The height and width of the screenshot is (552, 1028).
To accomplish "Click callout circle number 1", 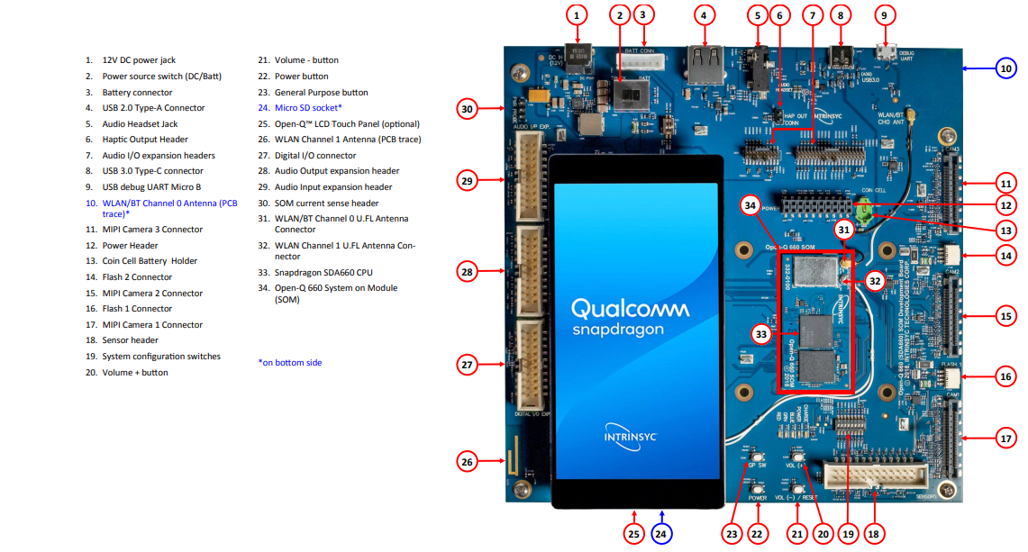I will (x=578, y=14).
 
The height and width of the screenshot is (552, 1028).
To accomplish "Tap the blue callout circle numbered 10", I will (x=1006, y=68).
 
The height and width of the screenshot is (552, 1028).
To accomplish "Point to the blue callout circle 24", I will (x=662, y=534).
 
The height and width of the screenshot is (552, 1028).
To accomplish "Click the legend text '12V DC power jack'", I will (x=139, y=60).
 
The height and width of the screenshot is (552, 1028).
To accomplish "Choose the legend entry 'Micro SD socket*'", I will (x=308, y=108).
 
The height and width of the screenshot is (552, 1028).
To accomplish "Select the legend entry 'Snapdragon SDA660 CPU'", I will (x=323, y=272).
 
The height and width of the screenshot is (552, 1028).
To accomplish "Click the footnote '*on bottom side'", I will (x=289, y=363).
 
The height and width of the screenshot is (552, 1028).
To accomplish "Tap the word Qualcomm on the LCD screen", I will (x=630, y=310).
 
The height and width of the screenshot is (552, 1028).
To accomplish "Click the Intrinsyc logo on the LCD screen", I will (x=631, y=435).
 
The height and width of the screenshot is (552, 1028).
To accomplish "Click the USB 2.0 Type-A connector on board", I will (x=705, y=65).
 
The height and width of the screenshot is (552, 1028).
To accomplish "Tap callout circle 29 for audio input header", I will (x=466, y=181).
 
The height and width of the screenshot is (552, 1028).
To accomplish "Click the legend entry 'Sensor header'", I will (x=130, y=340).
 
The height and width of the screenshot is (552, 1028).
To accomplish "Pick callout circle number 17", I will (x=1006, y=439).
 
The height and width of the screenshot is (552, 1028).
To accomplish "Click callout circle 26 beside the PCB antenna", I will (x=466, y=462).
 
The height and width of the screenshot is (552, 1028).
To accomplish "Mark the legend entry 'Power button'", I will (x=301, y=77).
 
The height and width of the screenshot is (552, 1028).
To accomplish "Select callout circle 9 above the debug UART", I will (x=884, y=14).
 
